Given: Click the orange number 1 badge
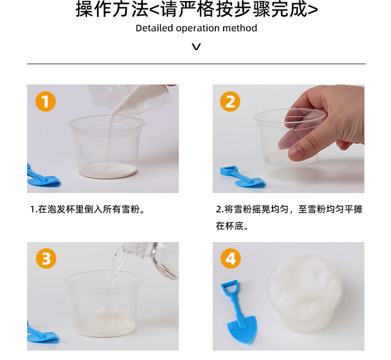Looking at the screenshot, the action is click(45, 102).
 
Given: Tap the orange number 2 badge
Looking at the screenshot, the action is click(230, 102).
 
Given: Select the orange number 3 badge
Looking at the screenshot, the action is click(46, 258).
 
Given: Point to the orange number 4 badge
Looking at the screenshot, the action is click(230, 258).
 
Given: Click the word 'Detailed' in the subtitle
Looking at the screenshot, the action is click(154, 28).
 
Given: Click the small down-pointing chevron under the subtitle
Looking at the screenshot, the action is click(196, 46).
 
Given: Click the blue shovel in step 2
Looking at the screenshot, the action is click(242, 176).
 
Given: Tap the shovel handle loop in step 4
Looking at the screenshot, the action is click(229, 287).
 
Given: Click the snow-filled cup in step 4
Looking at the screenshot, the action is click(305, 294).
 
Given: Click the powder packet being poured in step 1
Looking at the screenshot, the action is click(130, 100).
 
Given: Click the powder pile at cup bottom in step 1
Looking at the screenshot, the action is click(108, 170).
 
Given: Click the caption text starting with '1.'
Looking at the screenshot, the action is click(87, 209).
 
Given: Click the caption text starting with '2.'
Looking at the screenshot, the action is click(289, 218).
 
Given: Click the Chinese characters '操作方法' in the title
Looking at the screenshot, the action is click(112, 9).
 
